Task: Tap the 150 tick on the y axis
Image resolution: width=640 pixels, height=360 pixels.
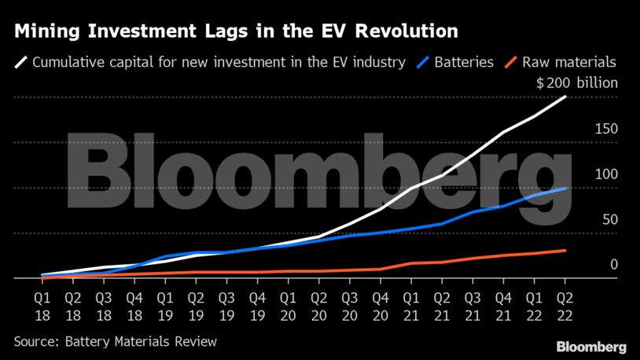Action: [607, 129]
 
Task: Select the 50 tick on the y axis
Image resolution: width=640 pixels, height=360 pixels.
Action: [610, 220]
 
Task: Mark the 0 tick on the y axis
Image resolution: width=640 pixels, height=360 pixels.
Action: [614, 265]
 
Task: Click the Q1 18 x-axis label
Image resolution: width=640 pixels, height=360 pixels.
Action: [42, 306]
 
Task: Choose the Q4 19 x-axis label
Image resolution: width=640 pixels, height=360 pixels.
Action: [257, 306]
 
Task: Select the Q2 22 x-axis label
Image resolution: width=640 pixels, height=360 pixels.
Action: [565, 306]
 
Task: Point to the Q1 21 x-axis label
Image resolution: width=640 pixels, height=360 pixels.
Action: [410, 306]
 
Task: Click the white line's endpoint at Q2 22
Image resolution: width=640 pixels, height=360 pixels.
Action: [565, 97]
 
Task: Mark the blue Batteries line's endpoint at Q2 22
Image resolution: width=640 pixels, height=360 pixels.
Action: [565, 189]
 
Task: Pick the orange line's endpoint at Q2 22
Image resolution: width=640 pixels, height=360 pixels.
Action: [565, 251]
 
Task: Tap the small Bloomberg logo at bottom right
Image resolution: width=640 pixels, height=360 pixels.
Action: [591, 347]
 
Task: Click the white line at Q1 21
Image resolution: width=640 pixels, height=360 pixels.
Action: [410, 189]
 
